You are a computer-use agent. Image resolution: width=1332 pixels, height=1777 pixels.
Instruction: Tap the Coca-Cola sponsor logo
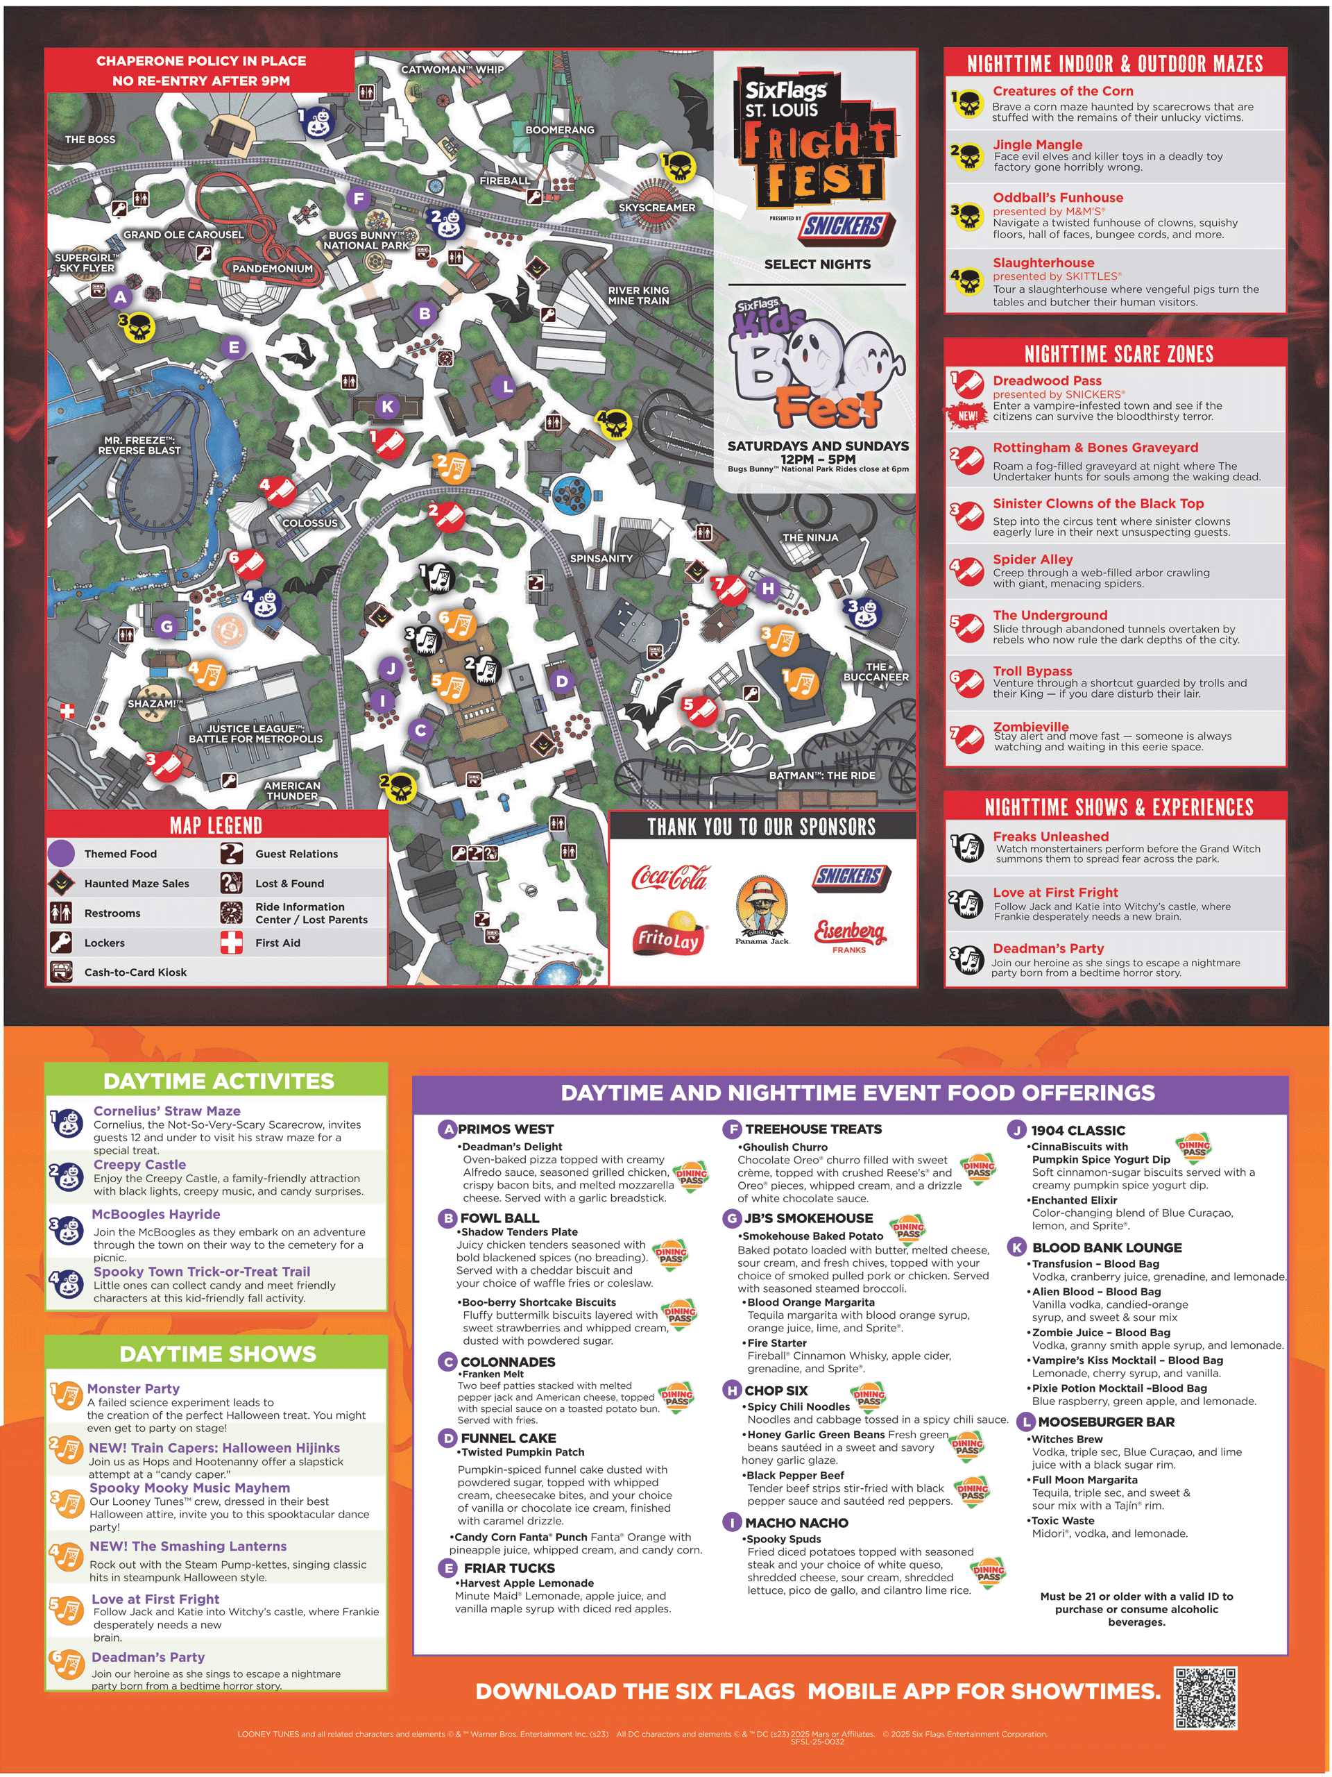pyautogui.click(x=669, y=877)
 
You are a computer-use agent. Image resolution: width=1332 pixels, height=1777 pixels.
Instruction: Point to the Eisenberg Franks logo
pyautogui.click(x=849, y=934)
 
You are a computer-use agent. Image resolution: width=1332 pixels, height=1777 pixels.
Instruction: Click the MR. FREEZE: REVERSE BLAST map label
pyautogui.click(x=139, y=445)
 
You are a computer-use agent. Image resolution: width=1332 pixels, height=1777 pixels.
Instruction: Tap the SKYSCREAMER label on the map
pyautogui.click(x=656, y=208)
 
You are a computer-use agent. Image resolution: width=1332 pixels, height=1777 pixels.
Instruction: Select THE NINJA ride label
pyautogui.click(x=810, y=537)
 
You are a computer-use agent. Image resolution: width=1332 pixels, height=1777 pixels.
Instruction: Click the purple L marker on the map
pyautogui.click(x=506, y=387)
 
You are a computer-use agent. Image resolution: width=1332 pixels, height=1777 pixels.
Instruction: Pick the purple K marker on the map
pyautogui.click(x=388, y=407)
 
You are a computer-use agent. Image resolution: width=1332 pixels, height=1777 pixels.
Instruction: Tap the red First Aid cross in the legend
pyautogui.click(x=231, y=943)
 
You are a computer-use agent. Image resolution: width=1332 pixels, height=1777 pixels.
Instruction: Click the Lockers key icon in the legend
pyautogui.click(x=61, y=943)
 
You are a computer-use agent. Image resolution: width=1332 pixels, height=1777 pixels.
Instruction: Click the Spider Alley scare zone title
pyautogui.click(x=1032, y=559)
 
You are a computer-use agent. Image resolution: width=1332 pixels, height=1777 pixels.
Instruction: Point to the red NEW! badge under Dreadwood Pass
pyautogui.click(x=968, y=415)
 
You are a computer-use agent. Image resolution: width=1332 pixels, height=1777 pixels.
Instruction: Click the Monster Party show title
pyautogui.click(x=133, y=1388)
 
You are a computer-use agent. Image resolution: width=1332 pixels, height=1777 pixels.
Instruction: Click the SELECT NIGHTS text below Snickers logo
pyautogui.click(x=817, y=264)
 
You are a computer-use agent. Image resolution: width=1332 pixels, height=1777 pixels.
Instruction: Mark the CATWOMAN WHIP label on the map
pyautogui.click(x=452, y=70)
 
